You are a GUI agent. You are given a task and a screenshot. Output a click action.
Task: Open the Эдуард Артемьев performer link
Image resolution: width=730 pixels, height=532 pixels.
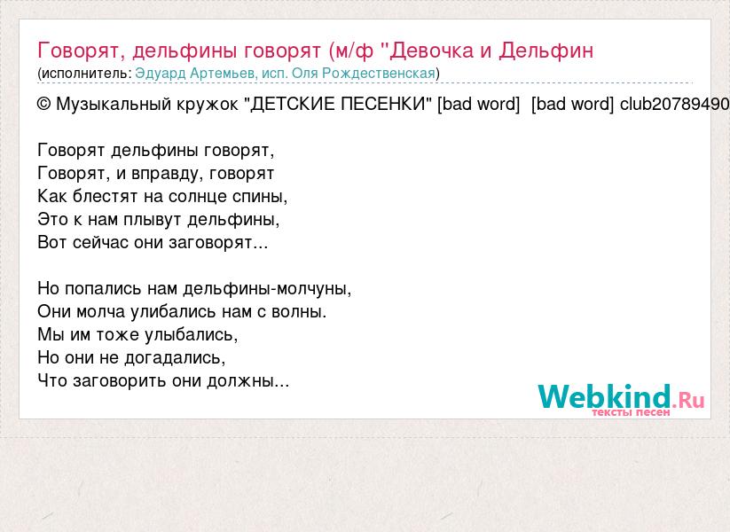pyautogui.click(x=195, y=74)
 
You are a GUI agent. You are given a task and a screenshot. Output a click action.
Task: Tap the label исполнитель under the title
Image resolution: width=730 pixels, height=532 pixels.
pyautogui.click(x=84, y=74)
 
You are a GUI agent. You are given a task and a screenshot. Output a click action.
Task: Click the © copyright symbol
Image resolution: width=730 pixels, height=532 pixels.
pyautogui.click(x=43, y=105)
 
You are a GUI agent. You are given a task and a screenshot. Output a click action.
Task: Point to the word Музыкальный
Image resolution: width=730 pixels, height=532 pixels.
pyautogui.click(x=114, y=105)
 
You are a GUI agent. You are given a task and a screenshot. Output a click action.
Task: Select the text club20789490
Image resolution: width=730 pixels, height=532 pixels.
pyautogui.click(x=675, y=104)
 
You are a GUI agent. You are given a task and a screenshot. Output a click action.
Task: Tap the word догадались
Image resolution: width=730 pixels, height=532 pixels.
pyautogui.click(x=172, y=358)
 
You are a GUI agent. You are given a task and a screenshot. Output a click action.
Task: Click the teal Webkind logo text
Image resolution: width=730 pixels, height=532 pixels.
pyautogui.click(x=604, y=396)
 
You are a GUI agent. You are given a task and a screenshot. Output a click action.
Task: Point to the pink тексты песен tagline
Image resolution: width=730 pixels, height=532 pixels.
pyautogui.click(x=631, y=412)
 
